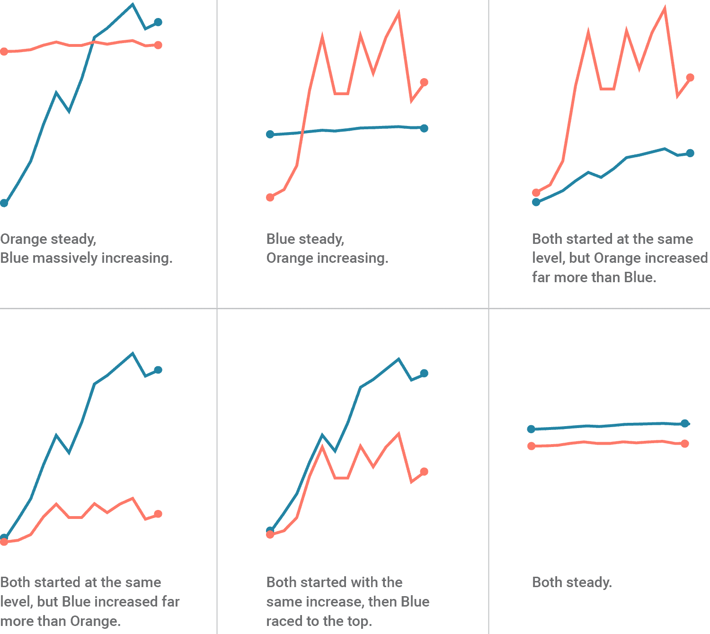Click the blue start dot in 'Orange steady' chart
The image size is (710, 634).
click(4, 203)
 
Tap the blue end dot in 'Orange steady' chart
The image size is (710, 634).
click(158, 22)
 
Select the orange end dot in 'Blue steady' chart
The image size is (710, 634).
click(424, 82)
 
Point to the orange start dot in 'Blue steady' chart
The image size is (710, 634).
click(270, 197)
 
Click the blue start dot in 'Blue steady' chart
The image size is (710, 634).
click(270, 134)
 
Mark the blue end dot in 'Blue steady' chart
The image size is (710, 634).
click(424, 128)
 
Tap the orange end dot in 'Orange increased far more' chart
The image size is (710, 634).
click(690, 78)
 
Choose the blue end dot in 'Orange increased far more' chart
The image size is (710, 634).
click(690, 153)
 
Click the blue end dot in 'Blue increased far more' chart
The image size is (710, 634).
click(158, 370)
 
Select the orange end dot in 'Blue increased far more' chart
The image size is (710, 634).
click(158, 514)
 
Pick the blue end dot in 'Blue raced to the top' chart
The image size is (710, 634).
click(424, 373)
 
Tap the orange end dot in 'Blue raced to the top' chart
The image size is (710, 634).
click(424, 472)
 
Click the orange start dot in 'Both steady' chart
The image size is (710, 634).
click(532, 446)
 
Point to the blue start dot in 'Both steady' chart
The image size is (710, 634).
click(532, 429)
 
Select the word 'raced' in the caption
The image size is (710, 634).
click(283, 621)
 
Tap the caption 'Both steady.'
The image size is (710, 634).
click(572, 582)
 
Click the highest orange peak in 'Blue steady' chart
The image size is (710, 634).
click(399, 13)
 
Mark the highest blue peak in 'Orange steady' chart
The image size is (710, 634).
click(133, 5)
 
